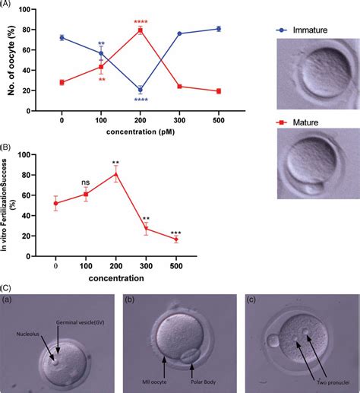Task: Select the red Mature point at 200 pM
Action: click(x=140, y=30)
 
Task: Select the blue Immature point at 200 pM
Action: click(x=140, y=90)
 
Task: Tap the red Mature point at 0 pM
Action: click(x=62, y=82)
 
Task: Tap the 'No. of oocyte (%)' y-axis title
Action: click(x=11, y=60)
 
